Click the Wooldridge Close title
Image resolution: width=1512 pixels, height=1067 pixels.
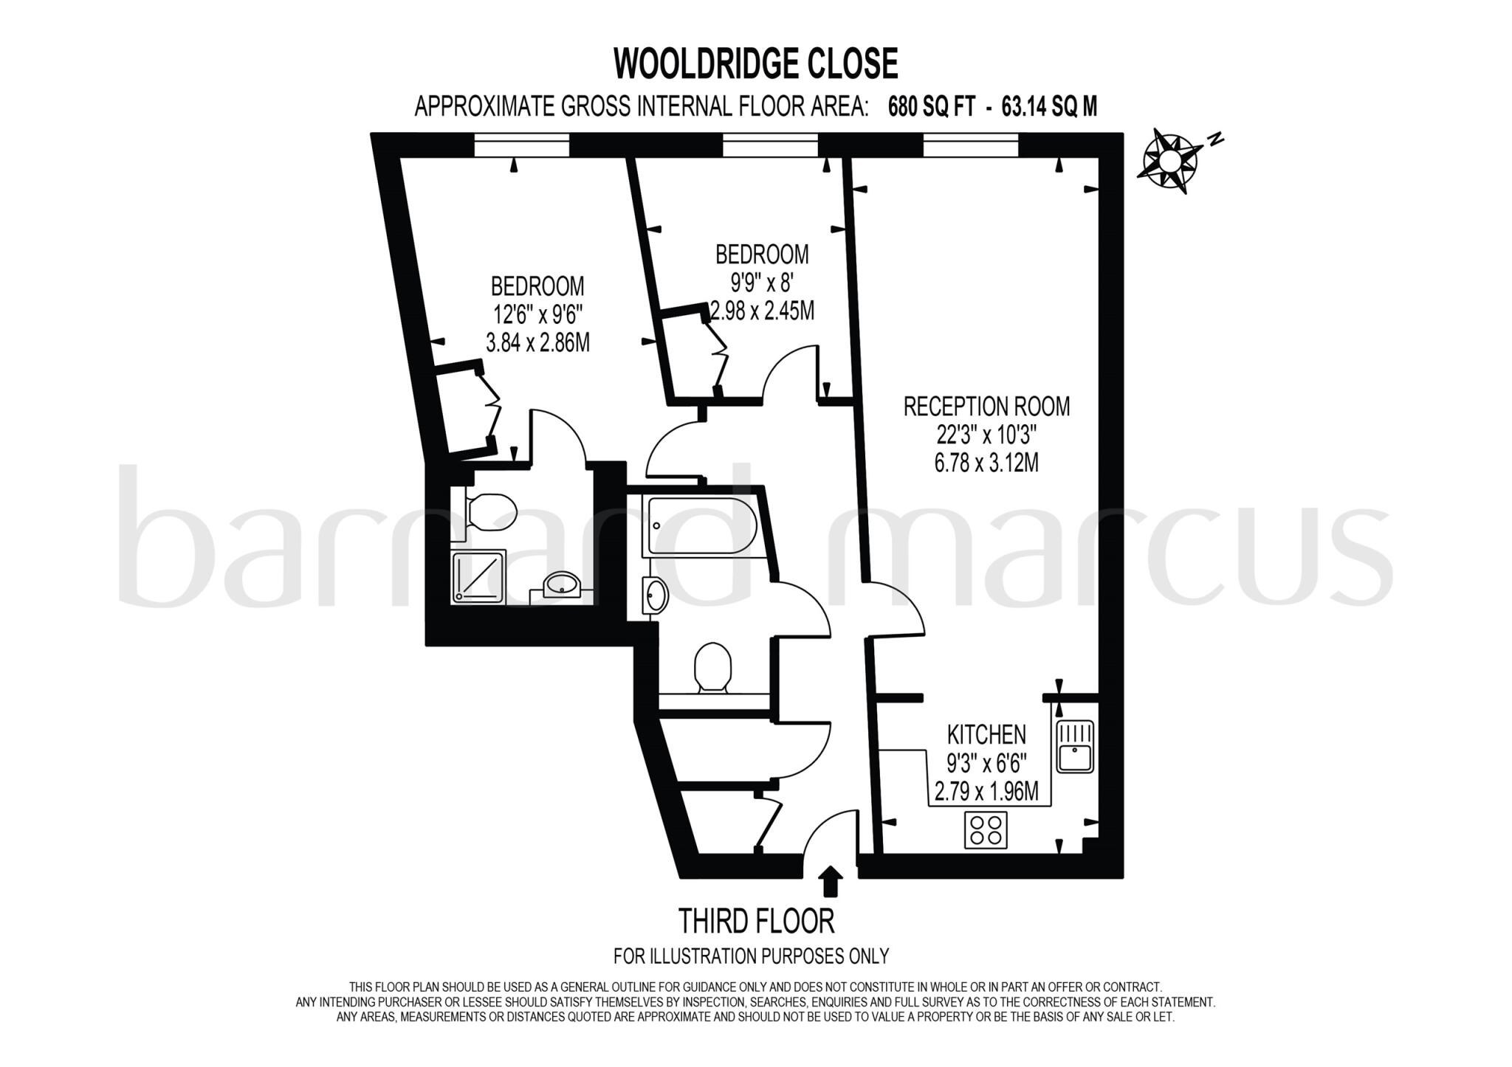(x=755, y=64)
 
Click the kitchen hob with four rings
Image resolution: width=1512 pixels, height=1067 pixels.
(x=986, y=829)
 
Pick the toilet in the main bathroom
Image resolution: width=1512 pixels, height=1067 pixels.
(x=712, y=666)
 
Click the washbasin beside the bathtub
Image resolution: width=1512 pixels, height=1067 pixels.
(x=656, y=595)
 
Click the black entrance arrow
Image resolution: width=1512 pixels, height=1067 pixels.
(x=831, y=880)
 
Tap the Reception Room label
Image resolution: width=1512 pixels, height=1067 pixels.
(x=986, y=407)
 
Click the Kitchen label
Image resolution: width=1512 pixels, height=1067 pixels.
(x=986, y=735)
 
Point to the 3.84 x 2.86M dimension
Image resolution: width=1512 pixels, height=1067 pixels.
(x=537, y=343)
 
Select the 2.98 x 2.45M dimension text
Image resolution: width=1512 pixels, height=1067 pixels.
(x=762, y=311)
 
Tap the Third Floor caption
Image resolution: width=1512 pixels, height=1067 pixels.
(x=756, y=922)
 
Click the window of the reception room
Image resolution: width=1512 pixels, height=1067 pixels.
(x=970, y=146)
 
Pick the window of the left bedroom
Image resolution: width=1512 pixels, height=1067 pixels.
(x=521, y=146)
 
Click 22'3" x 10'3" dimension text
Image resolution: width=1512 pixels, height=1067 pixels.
(x=986, y=435)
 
